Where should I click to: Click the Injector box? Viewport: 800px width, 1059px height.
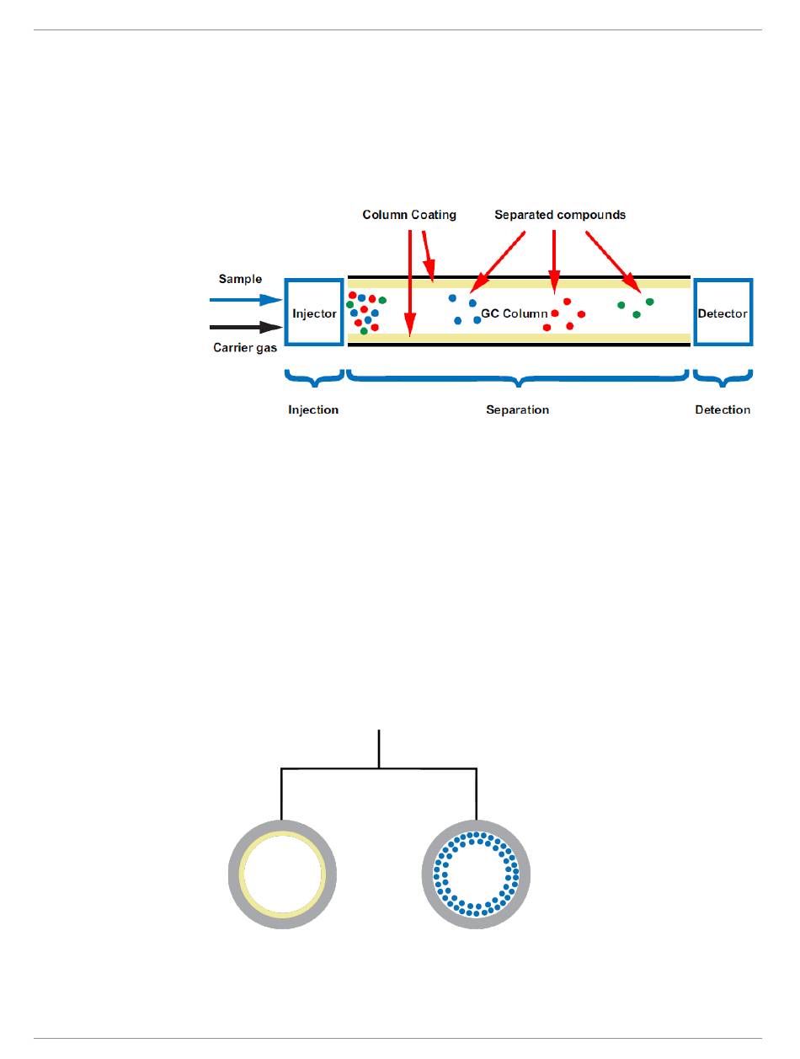click(x=314, y=312)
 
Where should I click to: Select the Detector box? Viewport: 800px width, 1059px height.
click(x=723, y=312)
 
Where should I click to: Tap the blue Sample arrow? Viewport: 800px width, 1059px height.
click(x=245, y=299)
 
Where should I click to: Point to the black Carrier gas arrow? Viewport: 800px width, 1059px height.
click(x=245, y=327)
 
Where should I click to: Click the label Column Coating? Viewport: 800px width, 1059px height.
click(x=409, y=215)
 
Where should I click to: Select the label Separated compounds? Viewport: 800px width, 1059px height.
click(x=560, y=215)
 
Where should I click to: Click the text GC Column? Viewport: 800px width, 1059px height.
click(x=514, y=313)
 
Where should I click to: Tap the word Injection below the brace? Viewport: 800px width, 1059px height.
click(x=313, y=410)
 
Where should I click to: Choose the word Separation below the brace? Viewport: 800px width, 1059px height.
click(x=517, y=410)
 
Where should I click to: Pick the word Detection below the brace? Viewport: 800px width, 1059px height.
click(x=723, y=410)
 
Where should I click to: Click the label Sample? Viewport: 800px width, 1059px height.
click(x=241, y=279)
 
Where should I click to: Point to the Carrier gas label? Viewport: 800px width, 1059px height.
click(x=245, y=347)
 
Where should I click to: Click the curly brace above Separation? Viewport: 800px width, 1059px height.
click(x=519, y=378)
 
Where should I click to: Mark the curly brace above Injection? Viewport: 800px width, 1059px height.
click(x=314, y=378)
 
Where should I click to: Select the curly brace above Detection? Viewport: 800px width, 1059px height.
click(x=723, y=378)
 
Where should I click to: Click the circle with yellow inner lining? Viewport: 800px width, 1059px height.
click(x=282, y=874)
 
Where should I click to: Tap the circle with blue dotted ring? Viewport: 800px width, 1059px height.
click(x=476, y=874)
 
